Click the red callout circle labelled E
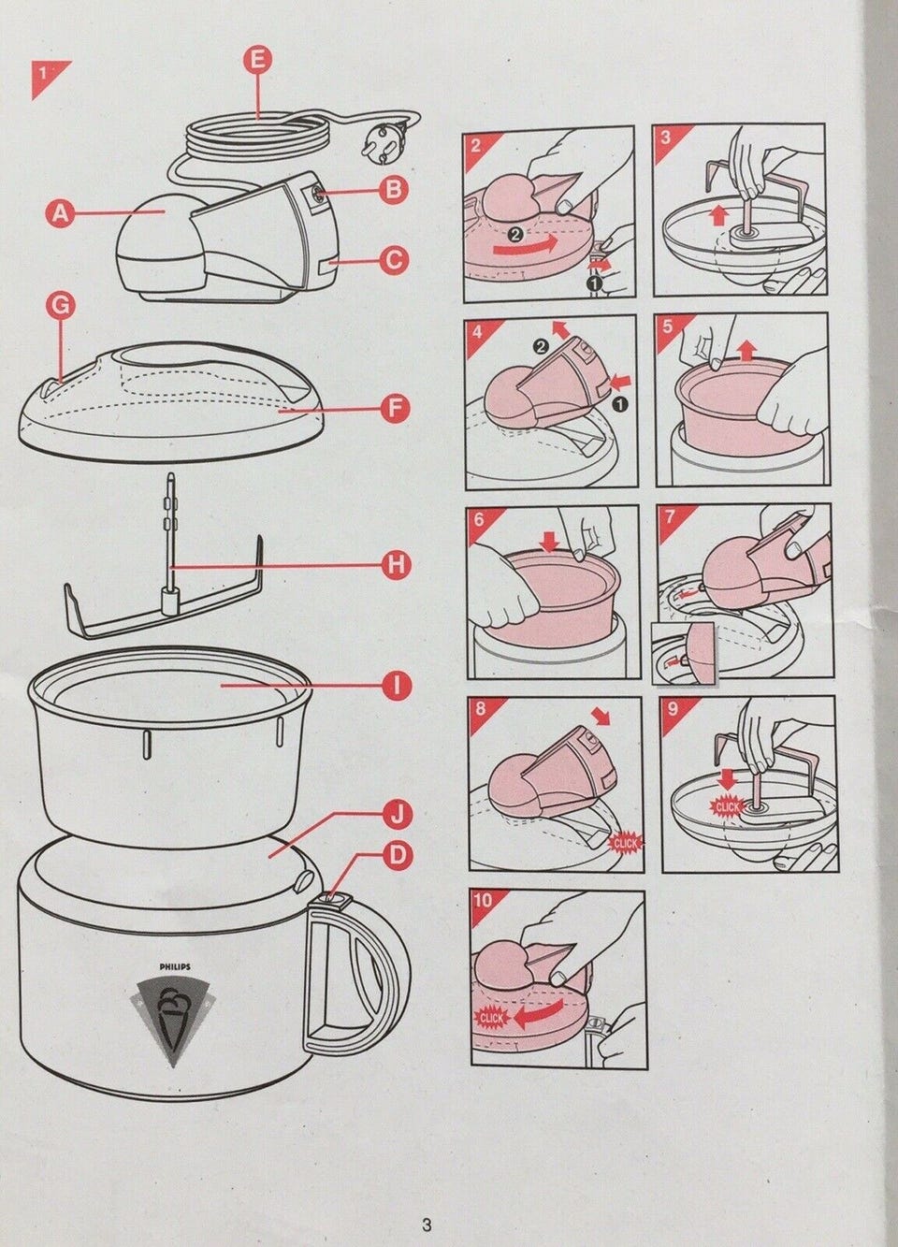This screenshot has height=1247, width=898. (258, 60)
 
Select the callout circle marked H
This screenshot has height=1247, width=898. (396, 564)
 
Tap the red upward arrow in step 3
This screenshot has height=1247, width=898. (721, 214)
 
